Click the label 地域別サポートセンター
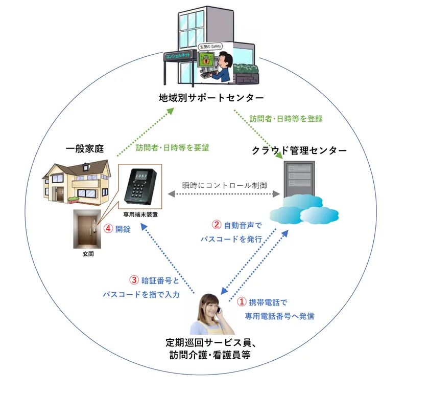(x=210, y=97)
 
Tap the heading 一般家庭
(x=85, y=149)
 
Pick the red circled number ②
(x=217, y=225)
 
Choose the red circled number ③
(x=134, y=280)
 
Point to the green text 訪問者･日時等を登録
(x=286, y=119)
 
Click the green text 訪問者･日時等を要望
(x=173, y=148)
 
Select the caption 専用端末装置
(x=140, y=215)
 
